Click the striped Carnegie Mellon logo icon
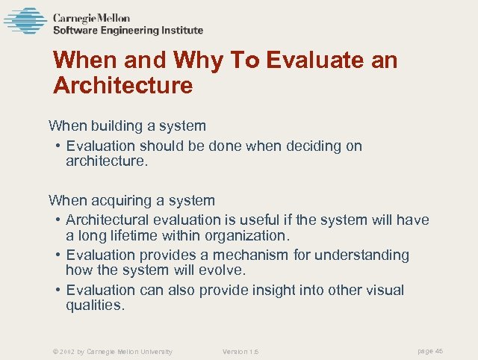25,21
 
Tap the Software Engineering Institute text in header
128,31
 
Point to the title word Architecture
123,85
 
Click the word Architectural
108,220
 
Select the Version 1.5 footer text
240,351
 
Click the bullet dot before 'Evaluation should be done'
58,146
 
